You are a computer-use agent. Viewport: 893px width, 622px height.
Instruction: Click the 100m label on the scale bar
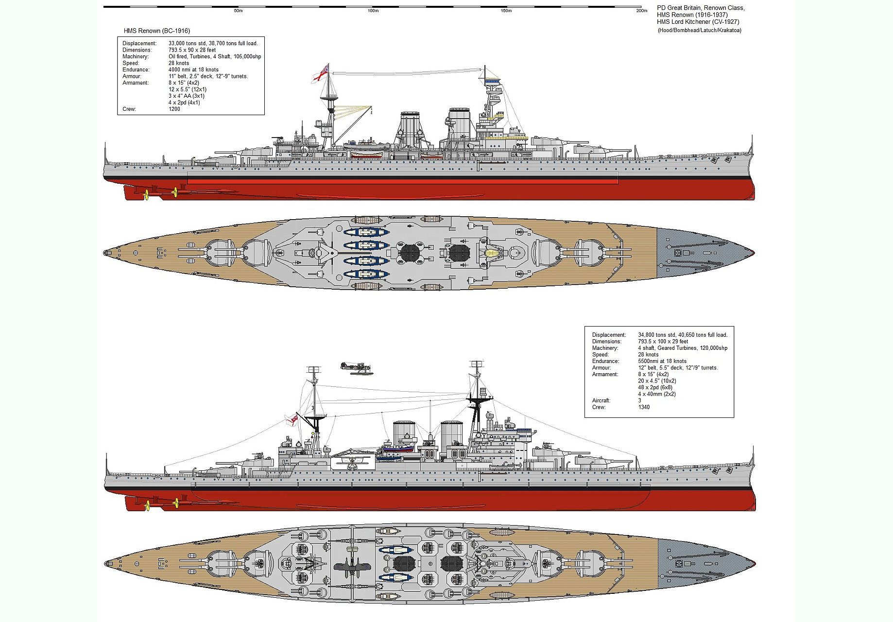tap(373, 11)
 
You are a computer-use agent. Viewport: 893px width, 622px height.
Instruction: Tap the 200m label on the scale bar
tap(642, 11)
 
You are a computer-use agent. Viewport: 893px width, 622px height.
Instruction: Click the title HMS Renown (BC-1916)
tap(157, 31)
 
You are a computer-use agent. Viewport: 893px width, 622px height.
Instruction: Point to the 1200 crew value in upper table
tap(174, 109)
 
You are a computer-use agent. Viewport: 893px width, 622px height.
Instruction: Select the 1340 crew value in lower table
tap(644, 407)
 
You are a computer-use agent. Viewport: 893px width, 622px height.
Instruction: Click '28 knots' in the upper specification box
tap(179, 63)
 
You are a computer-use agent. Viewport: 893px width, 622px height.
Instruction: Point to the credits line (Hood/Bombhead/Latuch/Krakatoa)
tap(700, 30)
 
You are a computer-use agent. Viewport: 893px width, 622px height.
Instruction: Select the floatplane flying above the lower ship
tap(355, 367)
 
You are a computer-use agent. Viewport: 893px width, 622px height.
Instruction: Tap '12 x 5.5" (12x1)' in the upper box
tap(188, 89)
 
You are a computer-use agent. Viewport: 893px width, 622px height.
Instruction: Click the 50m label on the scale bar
tap(238, 11)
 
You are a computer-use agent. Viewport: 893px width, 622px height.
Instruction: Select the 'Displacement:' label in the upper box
tap(139, 43)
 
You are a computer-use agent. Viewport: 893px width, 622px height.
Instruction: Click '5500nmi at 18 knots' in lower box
tap(662, 361)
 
